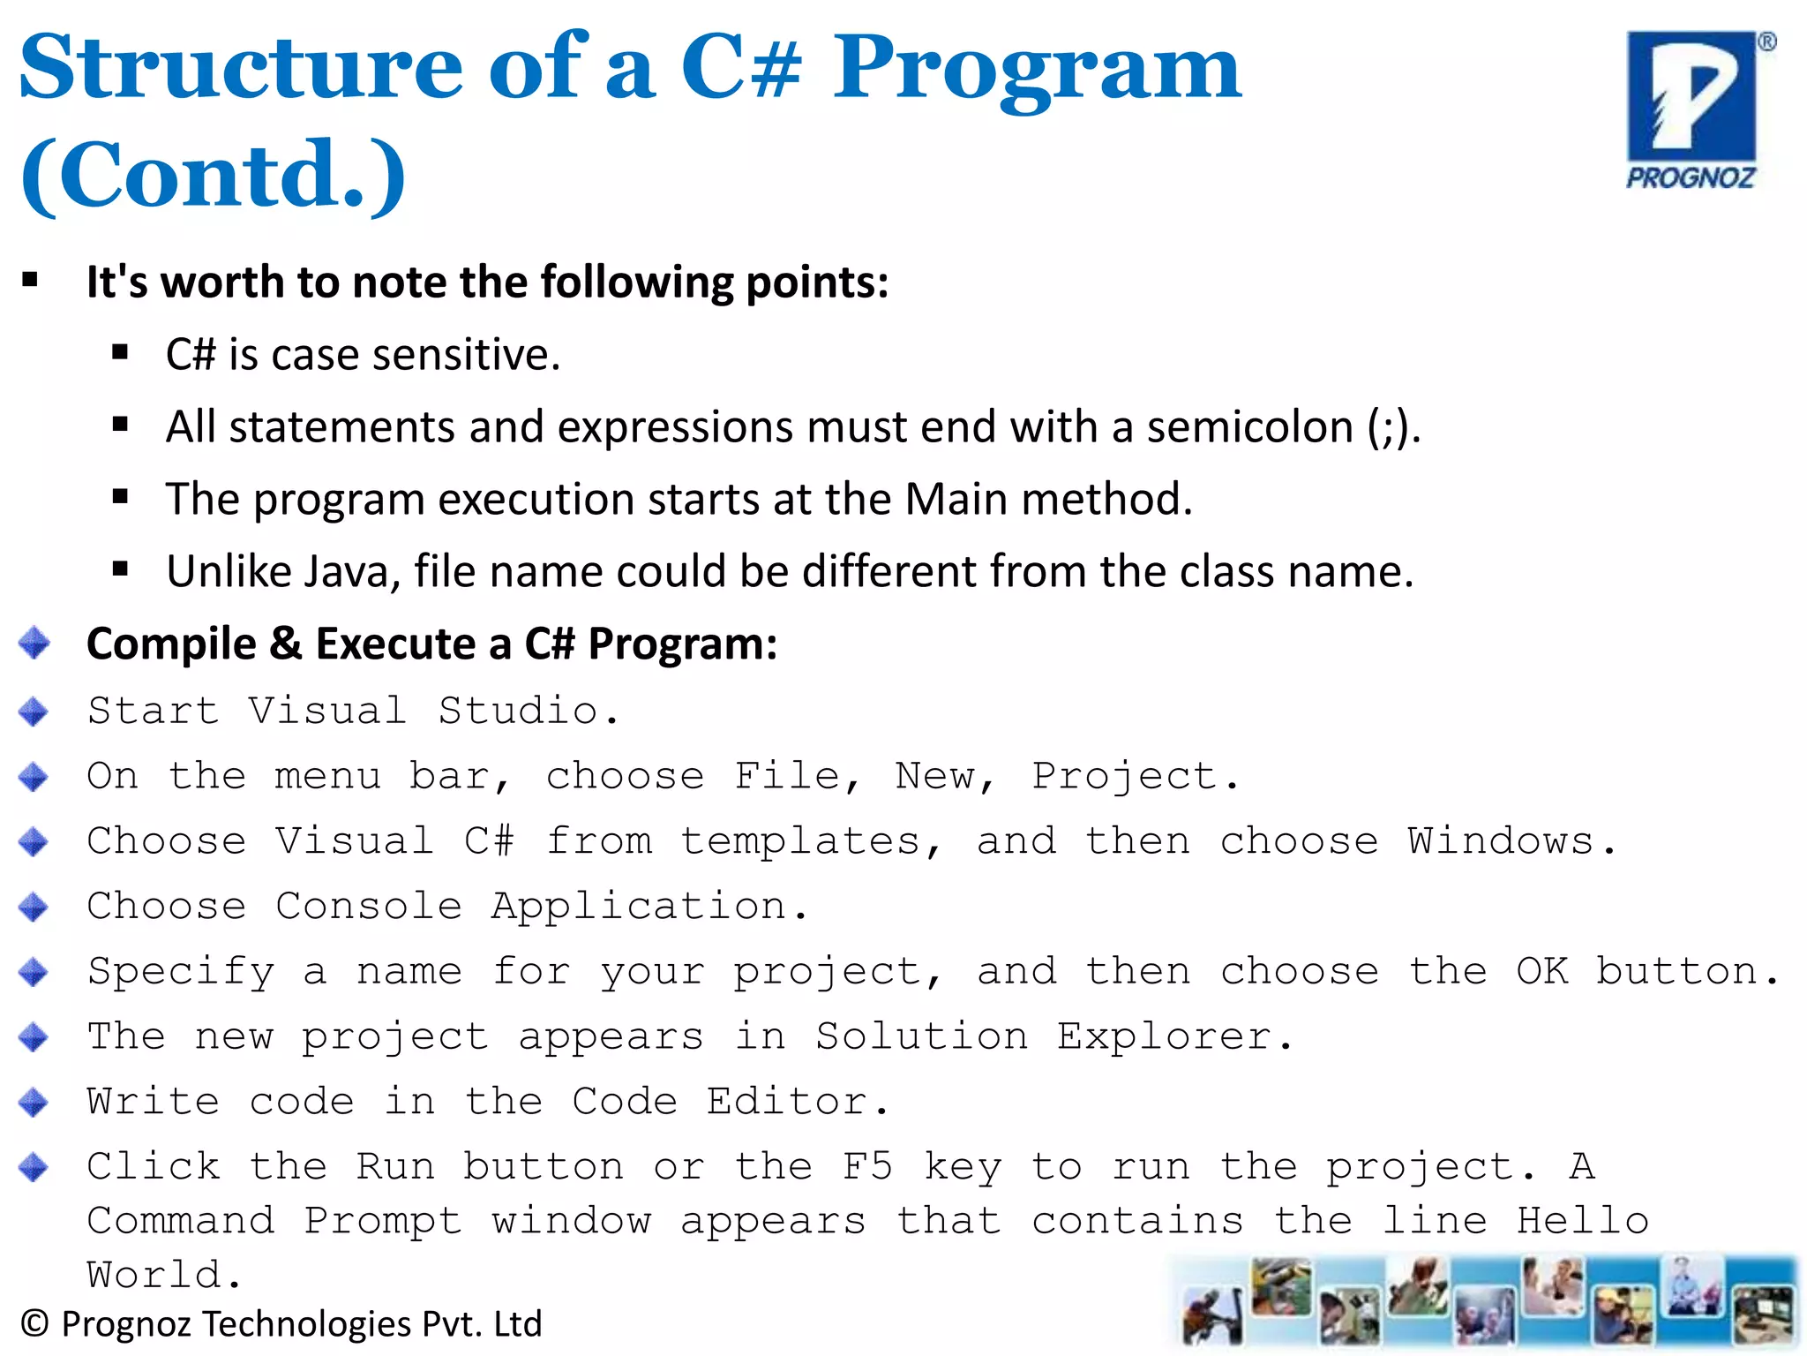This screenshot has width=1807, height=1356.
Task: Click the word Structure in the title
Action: coord(240,67)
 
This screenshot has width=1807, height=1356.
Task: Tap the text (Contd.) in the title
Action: coord(213,175)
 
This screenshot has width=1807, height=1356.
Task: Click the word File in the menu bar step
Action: coord(788,776)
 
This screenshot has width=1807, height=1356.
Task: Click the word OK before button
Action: coord(1541,971)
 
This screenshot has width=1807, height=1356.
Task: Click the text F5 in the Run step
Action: coord(867,1166)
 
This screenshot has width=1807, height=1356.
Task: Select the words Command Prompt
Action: coord(274,1221)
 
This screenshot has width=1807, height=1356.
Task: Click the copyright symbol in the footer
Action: coord(34,1324)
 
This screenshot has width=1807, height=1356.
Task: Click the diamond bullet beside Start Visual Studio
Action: coord(34,711)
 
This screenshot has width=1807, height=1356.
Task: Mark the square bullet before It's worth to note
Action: coord(31,282)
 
